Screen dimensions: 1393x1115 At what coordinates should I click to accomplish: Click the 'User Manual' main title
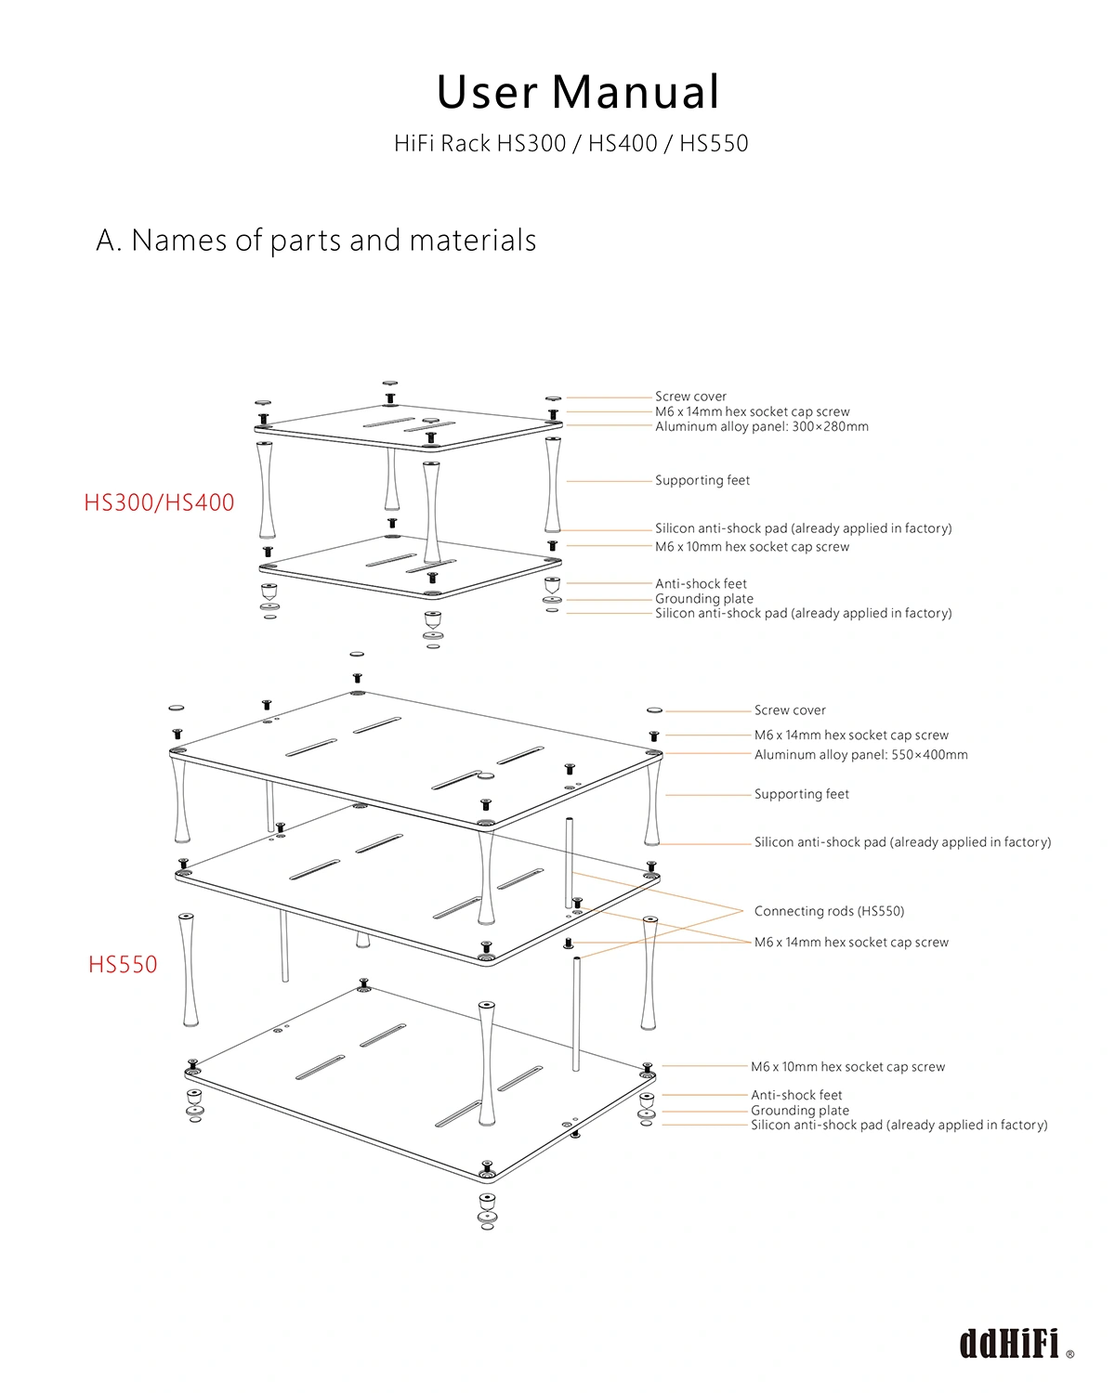(578, 92)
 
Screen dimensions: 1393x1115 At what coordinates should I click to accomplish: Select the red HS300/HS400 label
(159, 502)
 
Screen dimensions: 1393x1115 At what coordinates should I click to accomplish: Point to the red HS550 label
(123, 964)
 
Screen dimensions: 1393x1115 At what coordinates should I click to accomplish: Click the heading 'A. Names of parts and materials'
(316, 241)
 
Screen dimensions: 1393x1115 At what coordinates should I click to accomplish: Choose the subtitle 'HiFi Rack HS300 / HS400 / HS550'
(571, 143)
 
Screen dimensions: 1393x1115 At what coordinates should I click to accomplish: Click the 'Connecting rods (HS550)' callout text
(829, 911)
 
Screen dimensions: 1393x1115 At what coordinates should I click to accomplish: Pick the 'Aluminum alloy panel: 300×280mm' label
(762, 427)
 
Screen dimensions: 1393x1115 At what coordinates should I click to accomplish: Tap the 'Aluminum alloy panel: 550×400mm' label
(860, 755)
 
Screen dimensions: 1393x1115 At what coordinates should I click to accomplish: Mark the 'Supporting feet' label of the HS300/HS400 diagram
(702, 480)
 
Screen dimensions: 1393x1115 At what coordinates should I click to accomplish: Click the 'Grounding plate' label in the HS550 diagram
(799, 1110)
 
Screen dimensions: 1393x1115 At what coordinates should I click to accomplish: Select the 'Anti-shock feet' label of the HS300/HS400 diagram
(701, 583)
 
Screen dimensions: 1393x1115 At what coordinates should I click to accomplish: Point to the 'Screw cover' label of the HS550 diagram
(790, 710)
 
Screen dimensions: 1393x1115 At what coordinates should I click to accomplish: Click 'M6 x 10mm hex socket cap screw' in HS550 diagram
(847, 1067)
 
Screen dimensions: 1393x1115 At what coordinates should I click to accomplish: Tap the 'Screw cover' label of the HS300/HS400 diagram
(690, 397)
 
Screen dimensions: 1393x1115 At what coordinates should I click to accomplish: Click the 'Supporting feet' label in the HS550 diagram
(801, 794)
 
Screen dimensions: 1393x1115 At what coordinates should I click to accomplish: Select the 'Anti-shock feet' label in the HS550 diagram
(796, 1095)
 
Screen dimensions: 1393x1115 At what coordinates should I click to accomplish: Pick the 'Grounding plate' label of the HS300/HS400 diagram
(703, 598)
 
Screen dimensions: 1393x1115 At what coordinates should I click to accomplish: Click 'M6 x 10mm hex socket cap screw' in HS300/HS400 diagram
(752, 547)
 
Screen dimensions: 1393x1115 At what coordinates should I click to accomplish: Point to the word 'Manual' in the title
(636, 92)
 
